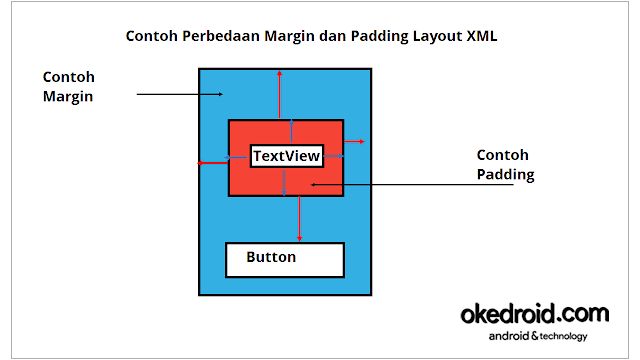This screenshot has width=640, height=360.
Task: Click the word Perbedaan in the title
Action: [222, 36]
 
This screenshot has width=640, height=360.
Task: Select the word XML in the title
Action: [479, 36]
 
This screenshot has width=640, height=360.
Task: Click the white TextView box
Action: [286, 156]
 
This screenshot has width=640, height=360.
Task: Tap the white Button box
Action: [285, 259]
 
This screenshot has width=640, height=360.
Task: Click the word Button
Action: [271, 257]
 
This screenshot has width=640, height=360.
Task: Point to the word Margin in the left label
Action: [68, 97]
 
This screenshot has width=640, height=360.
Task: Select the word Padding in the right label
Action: [505, 175]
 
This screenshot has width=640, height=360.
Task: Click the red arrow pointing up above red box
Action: [280, 96]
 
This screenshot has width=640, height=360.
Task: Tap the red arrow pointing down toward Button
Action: [299, 218]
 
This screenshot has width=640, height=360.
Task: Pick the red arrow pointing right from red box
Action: [354, 143]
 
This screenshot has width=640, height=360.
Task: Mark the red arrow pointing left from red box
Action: [213, 162]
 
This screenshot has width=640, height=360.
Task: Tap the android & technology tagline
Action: [538, 336]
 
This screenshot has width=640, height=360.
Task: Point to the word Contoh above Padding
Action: [502, 155]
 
